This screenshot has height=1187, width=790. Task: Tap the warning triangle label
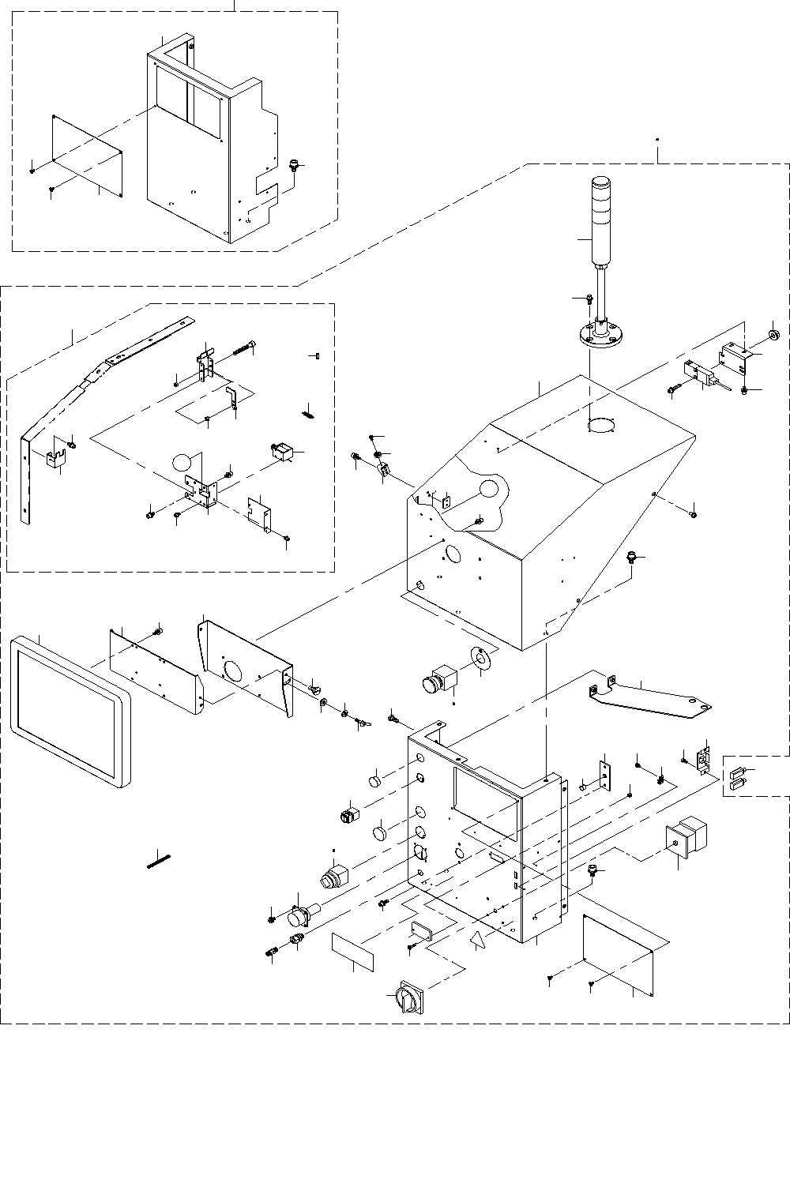(476, 940)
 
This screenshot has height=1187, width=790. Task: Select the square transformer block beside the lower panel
(685, 840)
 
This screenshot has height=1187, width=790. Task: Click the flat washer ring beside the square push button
(480, 659)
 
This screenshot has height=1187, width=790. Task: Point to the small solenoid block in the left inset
(282, 453)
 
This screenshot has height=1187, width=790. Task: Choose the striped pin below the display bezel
(160, 858)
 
